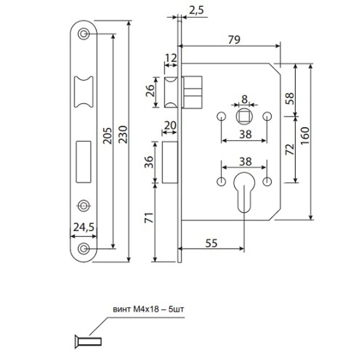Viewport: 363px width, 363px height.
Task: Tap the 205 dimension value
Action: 108,135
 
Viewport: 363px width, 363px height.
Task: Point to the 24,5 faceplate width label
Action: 84,227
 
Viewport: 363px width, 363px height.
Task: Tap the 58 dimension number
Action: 290,98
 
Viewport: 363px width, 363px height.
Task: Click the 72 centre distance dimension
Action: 290,149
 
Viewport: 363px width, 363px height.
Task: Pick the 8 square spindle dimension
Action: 244,99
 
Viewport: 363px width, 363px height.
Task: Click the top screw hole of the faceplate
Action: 84,34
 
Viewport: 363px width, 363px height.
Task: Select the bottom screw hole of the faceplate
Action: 84,248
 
